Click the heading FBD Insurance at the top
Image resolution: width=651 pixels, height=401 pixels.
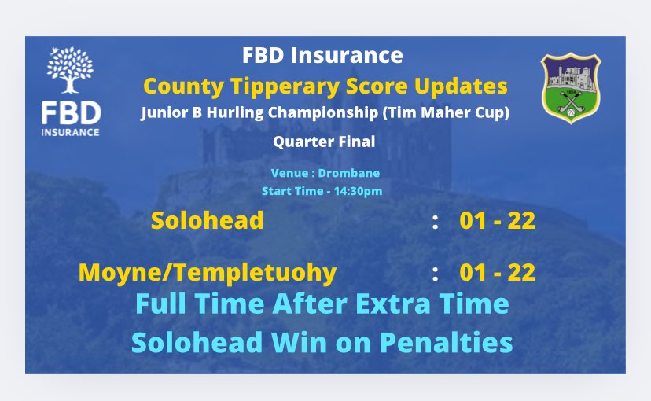click(x=322, y=57)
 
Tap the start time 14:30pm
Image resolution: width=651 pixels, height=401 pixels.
click(x=353, y=191)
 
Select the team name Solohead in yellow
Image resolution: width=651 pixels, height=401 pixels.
click(x=207, y=221)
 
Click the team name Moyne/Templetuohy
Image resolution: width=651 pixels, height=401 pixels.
click(x=208, y=273)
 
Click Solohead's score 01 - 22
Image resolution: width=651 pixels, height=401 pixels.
click(x=497, y=221)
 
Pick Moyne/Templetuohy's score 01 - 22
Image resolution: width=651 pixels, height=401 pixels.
click(x=497, y=273)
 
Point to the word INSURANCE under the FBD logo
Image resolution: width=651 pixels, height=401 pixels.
click(x=71, y=131)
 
